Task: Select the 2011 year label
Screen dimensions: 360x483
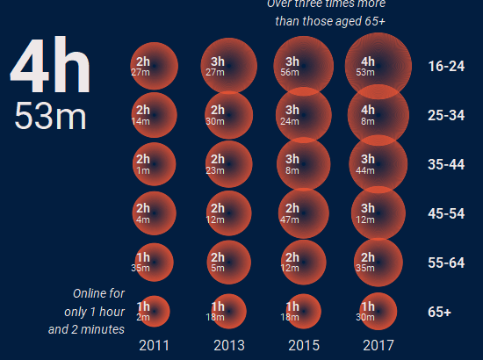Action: click(154, 345)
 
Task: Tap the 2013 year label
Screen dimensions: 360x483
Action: click(228, 345)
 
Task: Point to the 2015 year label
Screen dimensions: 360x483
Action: click(303, 345)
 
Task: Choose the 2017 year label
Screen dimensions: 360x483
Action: click(378, 345)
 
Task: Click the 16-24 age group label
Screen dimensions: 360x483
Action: click(446, 66)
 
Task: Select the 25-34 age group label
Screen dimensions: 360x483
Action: click(446, 115)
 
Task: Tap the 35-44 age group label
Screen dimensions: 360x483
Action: click(446, 164)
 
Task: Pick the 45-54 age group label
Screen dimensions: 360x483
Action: click(446, 213)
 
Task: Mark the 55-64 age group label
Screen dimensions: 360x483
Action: click(446, 263)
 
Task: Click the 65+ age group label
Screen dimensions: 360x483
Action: click(440, 312)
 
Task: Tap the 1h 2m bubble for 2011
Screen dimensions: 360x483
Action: click(153, 311)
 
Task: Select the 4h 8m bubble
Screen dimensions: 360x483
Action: click(378, 115)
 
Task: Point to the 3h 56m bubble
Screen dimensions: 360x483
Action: click(303, 65)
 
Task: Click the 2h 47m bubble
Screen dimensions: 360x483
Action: click(303, 213)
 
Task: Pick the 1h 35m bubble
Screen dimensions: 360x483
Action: click(153, 262)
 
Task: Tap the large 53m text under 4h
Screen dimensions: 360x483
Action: click(50, 117)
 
